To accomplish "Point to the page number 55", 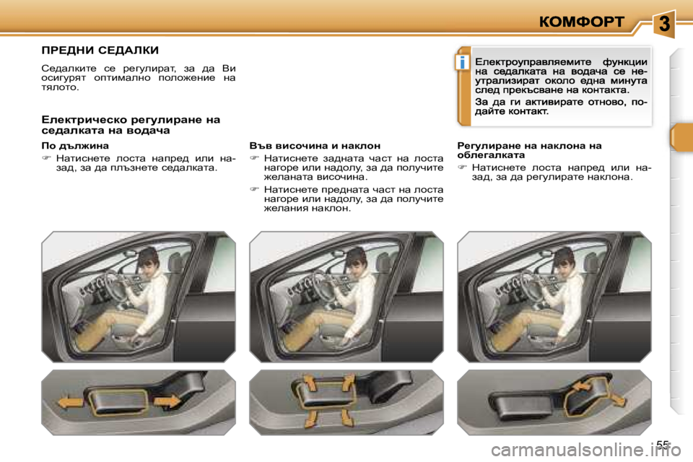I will [663, 445].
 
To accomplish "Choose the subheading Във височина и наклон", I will [315, 145].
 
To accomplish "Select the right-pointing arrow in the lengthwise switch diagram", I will [167, 401].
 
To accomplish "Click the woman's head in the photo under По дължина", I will [147, 258].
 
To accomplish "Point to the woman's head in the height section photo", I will [355, 258].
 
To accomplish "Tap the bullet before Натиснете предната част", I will [254, 189].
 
